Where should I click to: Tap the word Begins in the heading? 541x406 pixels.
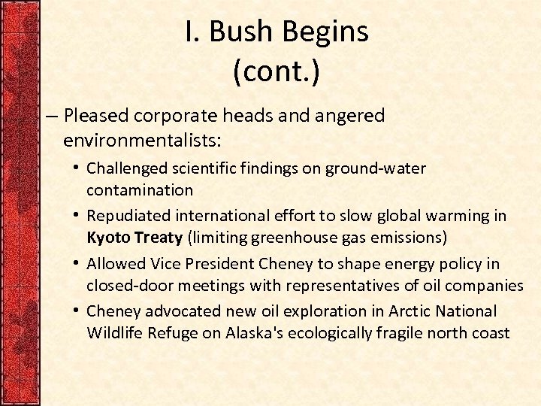329,32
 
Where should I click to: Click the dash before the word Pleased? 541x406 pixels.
50,117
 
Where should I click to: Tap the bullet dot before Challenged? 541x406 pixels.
77,168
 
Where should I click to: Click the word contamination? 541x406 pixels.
140,190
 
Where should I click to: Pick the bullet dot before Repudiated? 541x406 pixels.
77,215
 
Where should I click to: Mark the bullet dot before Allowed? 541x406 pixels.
77,263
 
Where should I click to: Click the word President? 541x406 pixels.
219,264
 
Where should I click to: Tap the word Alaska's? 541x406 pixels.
258,333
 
